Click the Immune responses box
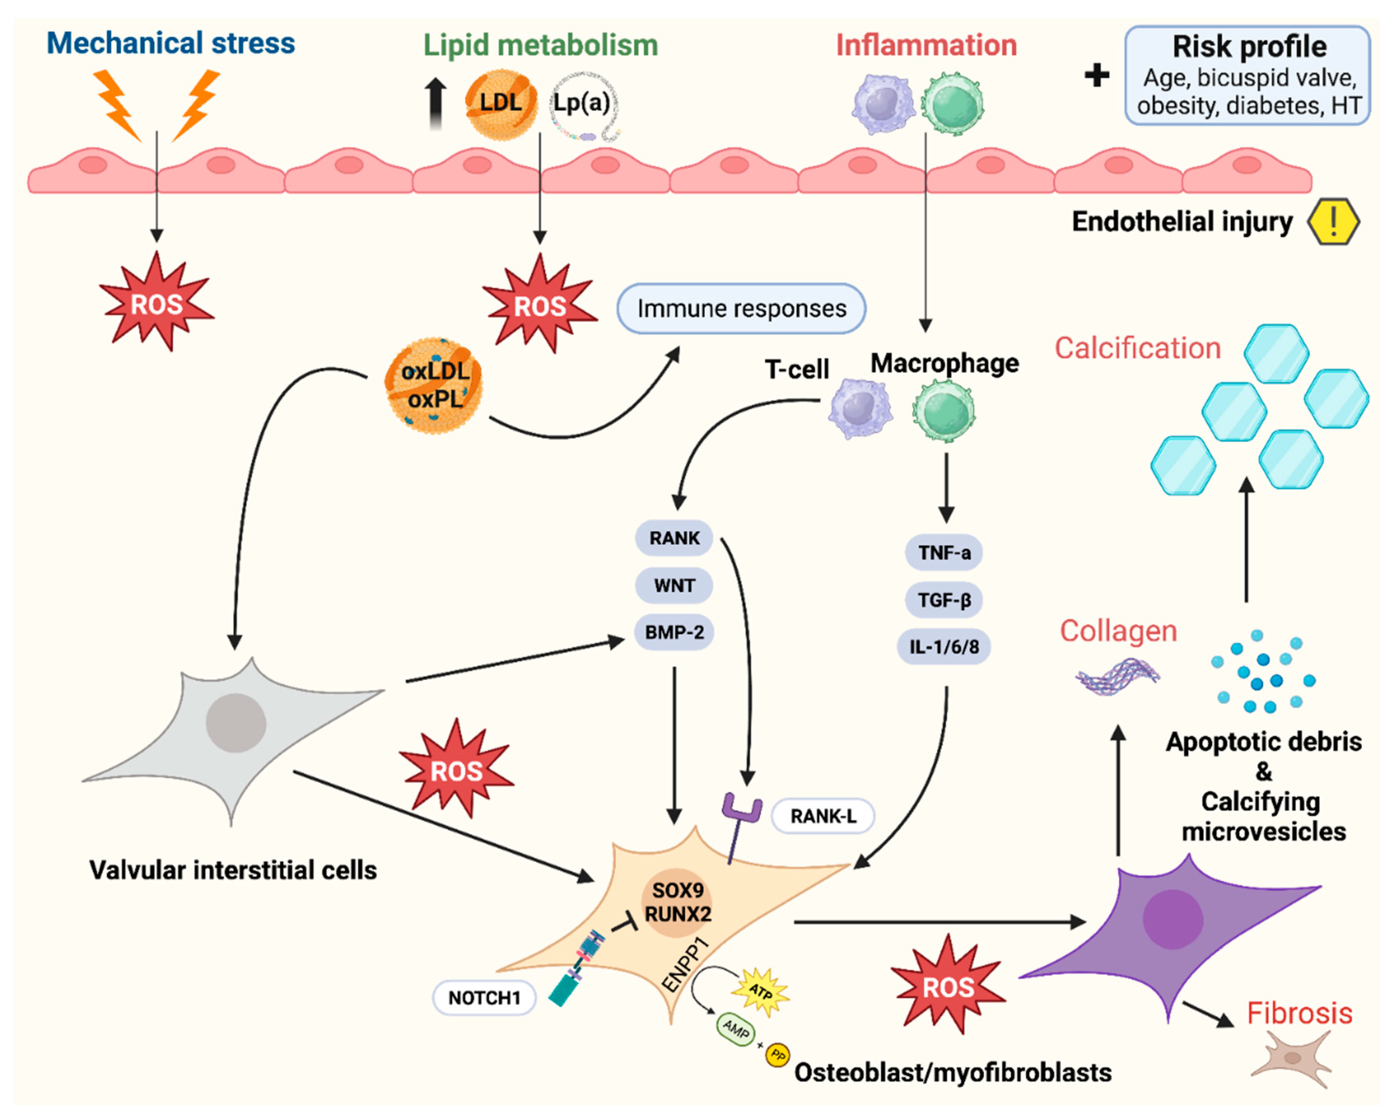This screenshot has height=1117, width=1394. (x=741, y=308)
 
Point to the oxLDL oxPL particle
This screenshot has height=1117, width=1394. (x=434, y=385)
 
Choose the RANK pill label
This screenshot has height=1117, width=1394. (x=674, y=538)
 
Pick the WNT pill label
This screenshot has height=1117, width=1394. (x=674, y=585)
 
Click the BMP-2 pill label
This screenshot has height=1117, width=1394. (x=674, y=632)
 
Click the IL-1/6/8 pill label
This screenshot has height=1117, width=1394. (x=944, y=646)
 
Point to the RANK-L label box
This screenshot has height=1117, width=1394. (x=823, y=816)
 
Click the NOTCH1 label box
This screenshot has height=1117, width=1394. (x=484, y=998)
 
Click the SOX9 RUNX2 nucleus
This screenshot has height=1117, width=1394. (x=677, y=902)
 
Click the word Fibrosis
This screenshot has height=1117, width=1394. (x=1299, y=1013)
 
